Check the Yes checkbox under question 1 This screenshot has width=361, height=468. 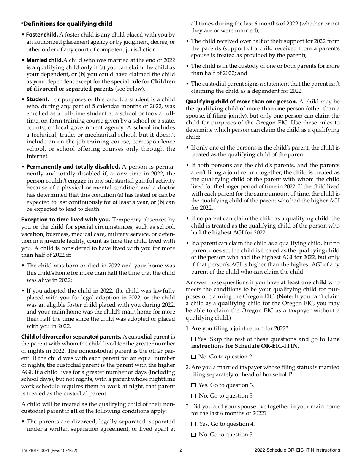click(x=193, y=339)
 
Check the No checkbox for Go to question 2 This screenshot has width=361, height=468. click(x=193, y=357)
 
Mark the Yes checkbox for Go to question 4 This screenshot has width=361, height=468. click(x=193, y=424)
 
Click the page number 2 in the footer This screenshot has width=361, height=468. click(x=180, y=450)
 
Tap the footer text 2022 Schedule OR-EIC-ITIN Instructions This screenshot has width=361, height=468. click(x=297, y=450)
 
